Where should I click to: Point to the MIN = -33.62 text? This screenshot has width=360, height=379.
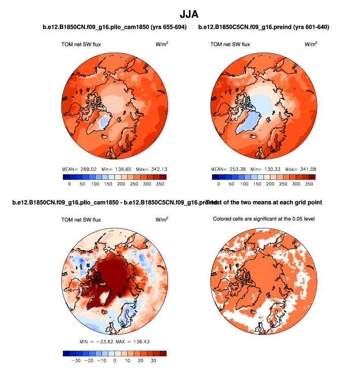click(x=98, y=343)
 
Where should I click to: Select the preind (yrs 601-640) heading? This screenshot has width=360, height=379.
click(x=264, y=27)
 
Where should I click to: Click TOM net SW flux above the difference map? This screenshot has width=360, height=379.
click(x=81, y=220)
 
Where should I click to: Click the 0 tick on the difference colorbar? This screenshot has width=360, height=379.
click(x=114, y=362)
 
